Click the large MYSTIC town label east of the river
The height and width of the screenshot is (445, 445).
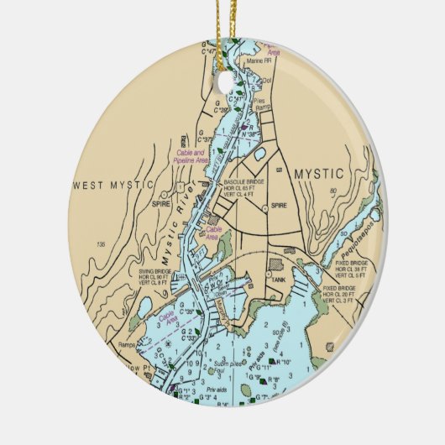(x=319, y=174)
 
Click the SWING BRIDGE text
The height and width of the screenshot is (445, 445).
(x=157, y=271)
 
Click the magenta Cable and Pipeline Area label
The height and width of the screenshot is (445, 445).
(x=189, y=156)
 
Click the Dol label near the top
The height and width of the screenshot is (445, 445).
(x=270, y=81)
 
